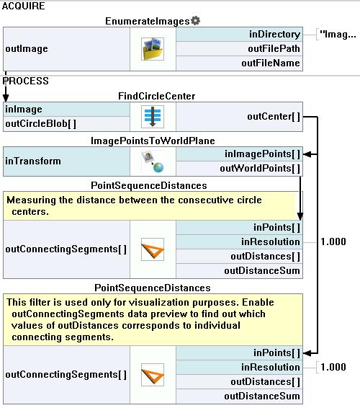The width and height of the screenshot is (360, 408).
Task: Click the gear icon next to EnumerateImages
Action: pos(195,21)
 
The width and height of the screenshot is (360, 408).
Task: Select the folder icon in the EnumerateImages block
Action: pos(153,49)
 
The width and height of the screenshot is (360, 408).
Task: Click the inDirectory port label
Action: pos(274,35)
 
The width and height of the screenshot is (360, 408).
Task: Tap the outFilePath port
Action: pos(274,49)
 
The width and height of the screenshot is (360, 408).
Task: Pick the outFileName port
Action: pos(271,63)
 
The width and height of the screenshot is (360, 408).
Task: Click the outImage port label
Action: pos(27,49)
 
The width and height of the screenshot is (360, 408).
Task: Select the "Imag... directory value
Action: pos(338,34)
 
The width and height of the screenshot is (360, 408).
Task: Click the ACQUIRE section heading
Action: pos(23,6)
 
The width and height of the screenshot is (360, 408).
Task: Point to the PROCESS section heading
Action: pos(26,81)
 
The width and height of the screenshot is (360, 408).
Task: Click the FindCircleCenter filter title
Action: pos(156,97)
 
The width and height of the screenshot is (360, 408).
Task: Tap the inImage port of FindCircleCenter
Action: pos(23,110)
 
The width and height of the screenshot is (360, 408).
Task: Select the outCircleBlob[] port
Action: pos(40,123)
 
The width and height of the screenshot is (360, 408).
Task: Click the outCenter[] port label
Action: pos(274,117)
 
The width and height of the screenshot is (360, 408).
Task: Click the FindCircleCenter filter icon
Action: pos(153,117)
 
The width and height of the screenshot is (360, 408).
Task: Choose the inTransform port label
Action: pos(33,161)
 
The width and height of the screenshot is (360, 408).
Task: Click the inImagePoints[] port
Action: pos(262,154)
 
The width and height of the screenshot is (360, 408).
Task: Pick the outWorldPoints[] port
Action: pos(260,169)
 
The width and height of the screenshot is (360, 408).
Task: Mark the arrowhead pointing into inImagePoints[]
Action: pos(307,154)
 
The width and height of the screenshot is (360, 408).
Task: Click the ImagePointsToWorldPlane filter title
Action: pos(153,141)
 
